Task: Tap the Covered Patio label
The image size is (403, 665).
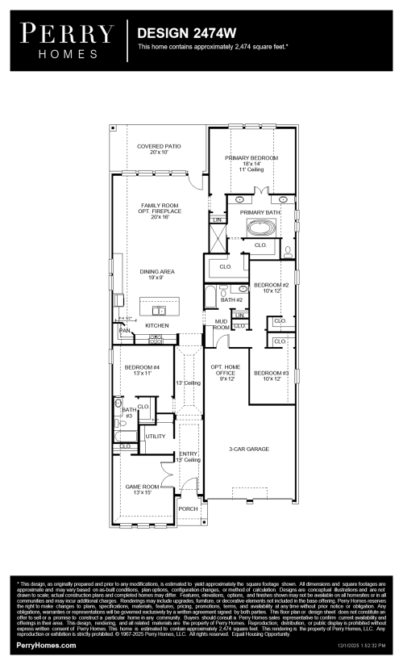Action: tap(159, 149)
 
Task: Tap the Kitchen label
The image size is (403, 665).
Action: tap(156, 325)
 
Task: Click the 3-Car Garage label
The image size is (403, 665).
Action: tap(247, 449)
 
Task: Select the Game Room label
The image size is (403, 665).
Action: tap(137, 489)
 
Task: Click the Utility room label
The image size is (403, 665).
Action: tap(155, 437)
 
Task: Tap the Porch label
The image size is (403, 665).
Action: tap(187, 509)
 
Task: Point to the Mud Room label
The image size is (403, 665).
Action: tap(222, 324)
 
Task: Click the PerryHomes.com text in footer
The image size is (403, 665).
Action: tap(47, 646)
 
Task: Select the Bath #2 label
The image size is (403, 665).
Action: tap(232, 299)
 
